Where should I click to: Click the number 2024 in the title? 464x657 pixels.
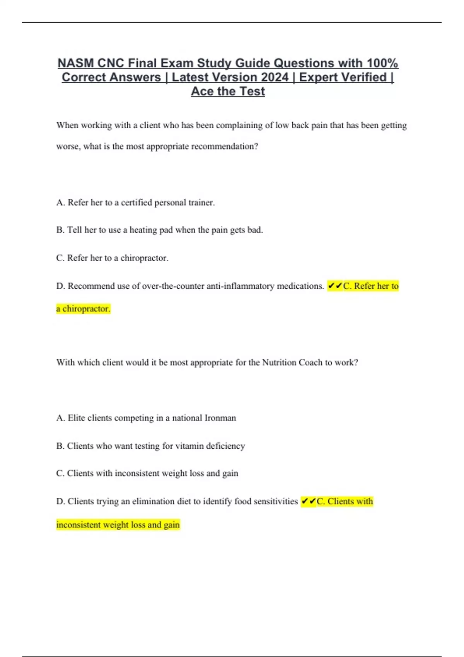(275, 77)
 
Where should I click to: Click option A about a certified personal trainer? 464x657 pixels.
(135, 203)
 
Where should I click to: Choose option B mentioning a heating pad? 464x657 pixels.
(159, 230)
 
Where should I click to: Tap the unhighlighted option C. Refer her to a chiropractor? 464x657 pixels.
(112, 258)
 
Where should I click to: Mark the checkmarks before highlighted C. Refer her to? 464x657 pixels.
(335, 286)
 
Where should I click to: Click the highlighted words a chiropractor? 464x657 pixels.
(83, 309)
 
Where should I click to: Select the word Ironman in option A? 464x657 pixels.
(220, 418)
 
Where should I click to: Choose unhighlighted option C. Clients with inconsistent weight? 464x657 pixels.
(147, 473)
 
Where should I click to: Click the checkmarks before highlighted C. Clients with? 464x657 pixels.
(309, 502)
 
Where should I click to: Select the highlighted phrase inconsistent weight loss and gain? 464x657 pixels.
(118, 525)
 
